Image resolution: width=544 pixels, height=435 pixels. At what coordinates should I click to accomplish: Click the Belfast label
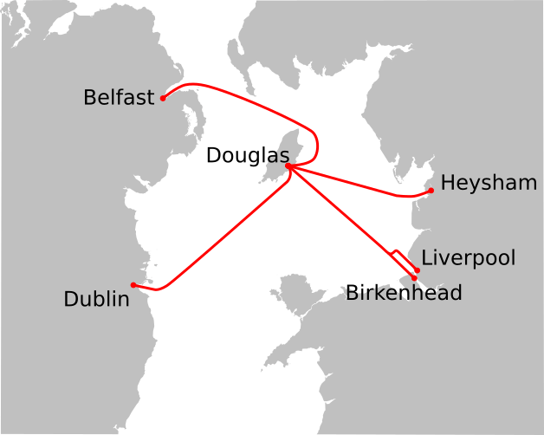click(119, 97)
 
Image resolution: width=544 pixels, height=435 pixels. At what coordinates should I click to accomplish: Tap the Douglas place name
click(247, 156)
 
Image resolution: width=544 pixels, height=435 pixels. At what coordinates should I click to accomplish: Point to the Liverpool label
click(468, 257)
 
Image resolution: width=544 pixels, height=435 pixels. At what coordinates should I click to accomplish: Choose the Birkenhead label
click(404, 293)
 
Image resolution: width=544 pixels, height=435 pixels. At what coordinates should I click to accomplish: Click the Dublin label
click(96, 299)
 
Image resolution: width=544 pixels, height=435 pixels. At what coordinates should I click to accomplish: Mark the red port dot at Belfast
click(163, 99)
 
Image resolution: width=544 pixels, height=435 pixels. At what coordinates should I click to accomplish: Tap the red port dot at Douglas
click(288, 166)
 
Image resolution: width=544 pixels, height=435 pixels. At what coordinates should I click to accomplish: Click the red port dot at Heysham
click(431, 190)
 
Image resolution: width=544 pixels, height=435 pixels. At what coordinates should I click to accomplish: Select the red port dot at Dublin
click(133, 285)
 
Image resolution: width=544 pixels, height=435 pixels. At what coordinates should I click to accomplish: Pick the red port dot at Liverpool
click(418, 270)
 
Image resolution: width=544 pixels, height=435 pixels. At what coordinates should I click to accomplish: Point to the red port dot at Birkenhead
click(414, 278)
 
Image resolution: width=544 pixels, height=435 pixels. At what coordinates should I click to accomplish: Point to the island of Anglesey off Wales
click(290, 299)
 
